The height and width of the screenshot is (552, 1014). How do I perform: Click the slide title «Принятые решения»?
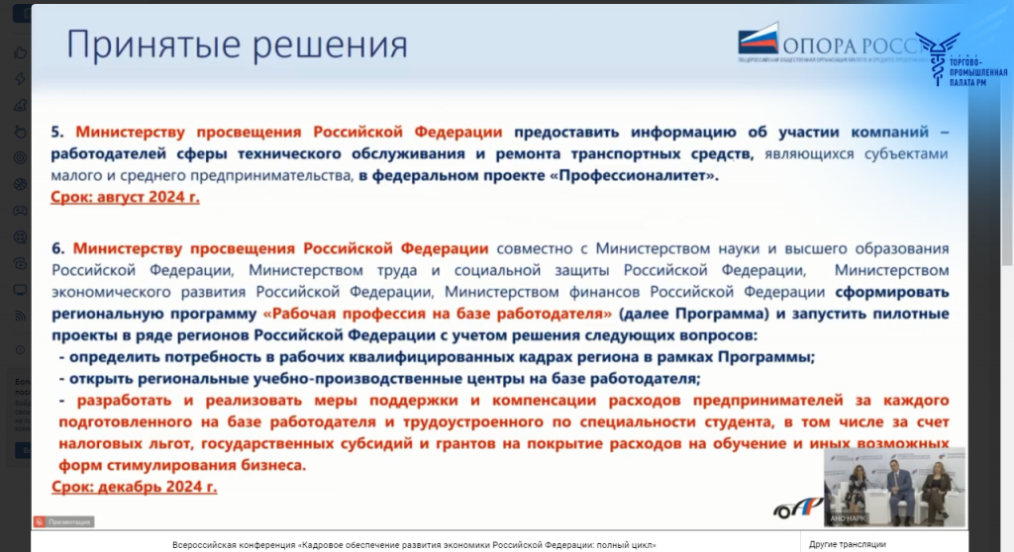pyautogui.click(x=237, y=46)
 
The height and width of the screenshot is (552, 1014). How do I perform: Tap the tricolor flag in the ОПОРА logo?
pyautogui.click(x=759, y=42)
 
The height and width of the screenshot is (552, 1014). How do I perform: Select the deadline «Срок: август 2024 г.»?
pyautogui.click(x=125, y=197)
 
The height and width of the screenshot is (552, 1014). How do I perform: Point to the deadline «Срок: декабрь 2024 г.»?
pyautogui.click(x=134, y=487)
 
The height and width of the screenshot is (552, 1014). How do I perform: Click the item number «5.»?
pyautogui.click(x=57, y=132)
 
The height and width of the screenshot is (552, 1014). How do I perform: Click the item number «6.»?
pyautogui.click(x=57, y=248)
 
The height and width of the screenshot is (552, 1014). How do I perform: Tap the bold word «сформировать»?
pyautogui.click(x=892, y=292)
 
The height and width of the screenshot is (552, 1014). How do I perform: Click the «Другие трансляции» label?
pyautogui.click(x=847, y=544)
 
